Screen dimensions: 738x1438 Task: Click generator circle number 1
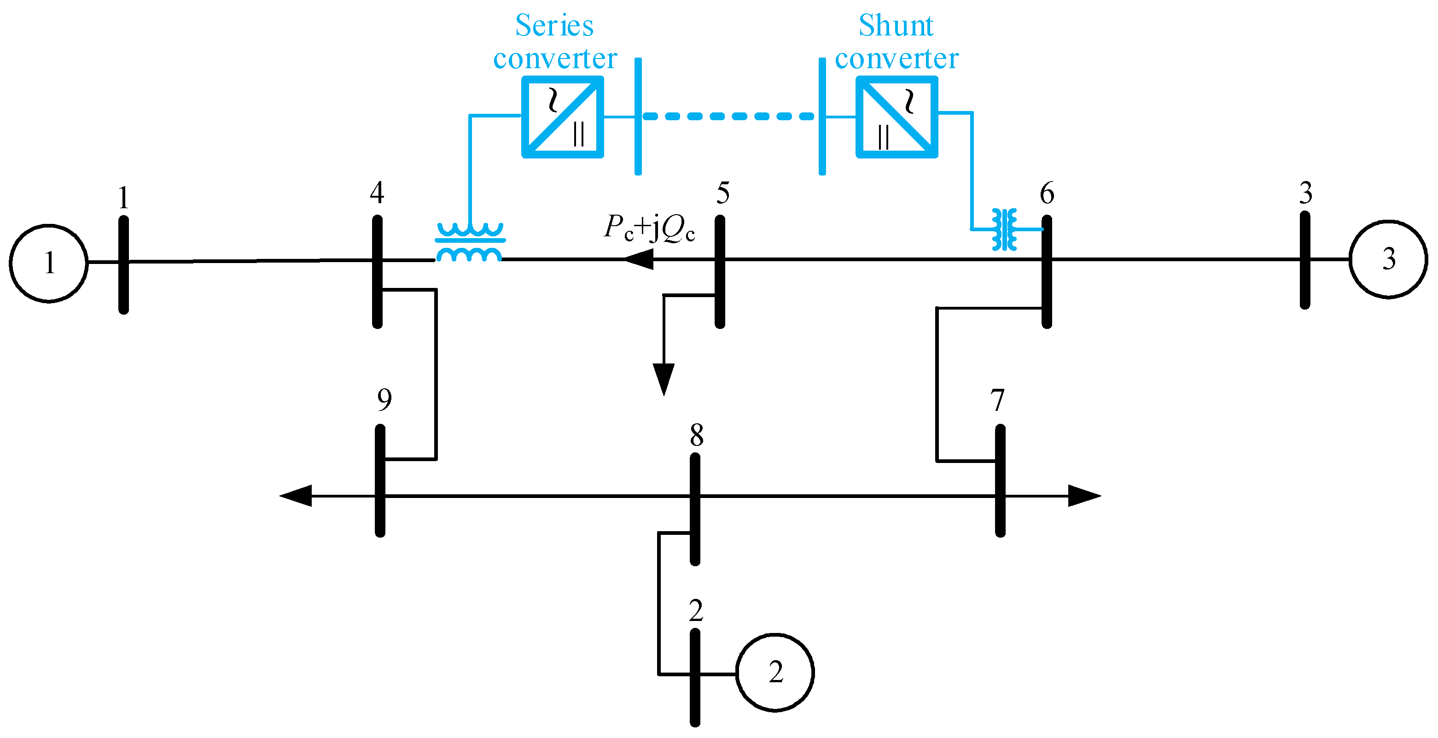point(48,263)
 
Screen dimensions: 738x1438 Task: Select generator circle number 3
point(1388,259)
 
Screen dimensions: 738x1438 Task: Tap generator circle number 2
point(774,672)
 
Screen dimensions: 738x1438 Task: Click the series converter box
point(562,117)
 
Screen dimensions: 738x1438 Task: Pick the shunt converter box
point(897,117)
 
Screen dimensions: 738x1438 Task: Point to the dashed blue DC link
point(728,116)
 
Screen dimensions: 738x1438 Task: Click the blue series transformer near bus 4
point(470,242)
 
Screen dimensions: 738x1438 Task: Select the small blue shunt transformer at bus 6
point(1004,229)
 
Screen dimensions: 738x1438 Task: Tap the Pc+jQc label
point(649,228)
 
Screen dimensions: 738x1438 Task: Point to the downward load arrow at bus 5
point(663,379)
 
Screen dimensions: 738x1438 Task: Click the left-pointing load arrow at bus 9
point(296,496)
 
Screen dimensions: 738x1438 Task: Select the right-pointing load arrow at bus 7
point(1083,496)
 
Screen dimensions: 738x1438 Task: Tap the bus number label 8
point(696,434)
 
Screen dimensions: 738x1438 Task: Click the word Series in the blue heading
point(554,26)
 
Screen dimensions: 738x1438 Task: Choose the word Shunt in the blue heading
point(896,26)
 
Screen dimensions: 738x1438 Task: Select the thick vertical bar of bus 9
point(379,480)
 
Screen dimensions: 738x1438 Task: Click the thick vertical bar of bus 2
point(694,677)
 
